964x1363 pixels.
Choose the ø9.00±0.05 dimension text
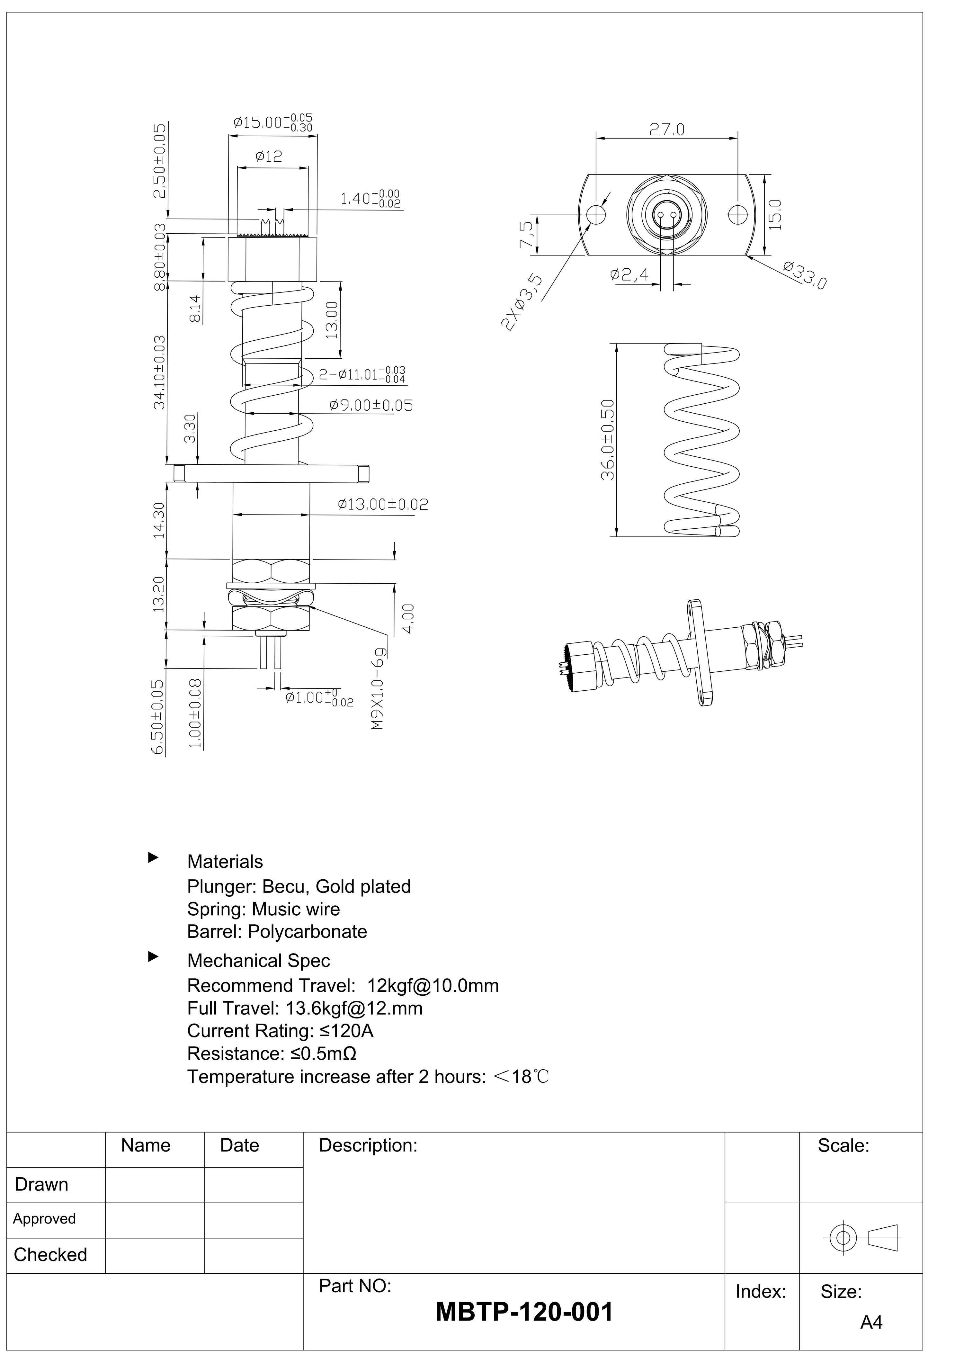(371, 406)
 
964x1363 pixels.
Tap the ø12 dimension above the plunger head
(269, 157)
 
